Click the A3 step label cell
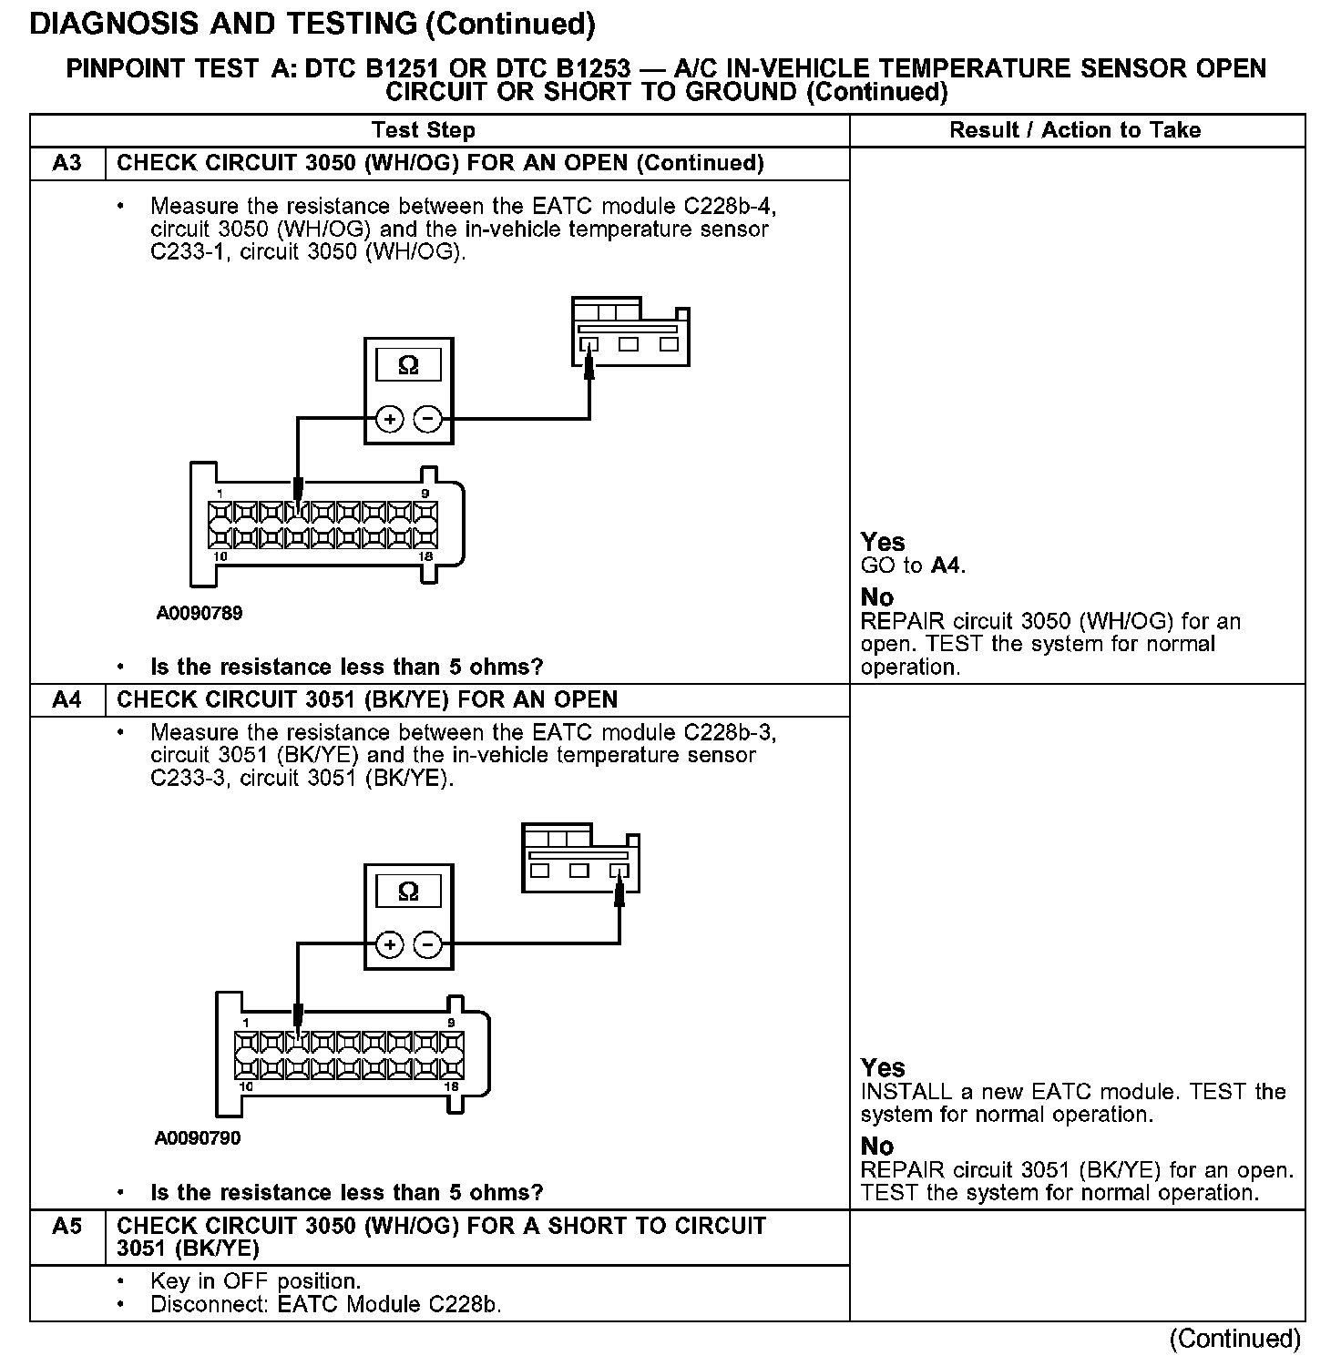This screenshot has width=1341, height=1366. click(67, 163)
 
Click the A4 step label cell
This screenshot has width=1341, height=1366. click(67, 699)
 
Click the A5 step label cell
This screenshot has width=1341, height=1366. click(67, 1227)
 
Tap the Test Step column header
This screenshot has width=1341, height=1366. click(424, 130)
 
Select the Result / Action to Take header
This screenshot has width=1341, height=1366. click(1075, 130)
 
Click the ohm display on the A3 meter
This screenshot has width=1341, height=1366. click(408, 366)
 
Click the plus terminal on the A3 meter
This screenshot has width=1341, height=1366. click(390, 419)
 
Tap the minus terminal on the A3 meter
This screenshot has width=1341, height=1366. click(427, 419)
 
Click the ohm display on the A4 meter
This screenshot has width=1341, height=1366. click(408, 892)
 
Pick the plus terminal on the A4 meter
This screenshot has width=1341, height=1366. click(390, 944)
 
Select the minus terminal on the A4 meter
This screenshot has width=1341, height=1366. click(427, 944)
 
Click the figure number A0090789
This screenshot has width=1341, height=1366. click(200, 613)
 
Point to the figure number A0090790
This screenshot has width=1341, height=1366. click(198, 1137)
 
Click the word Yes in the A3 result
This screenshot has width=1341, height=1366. click(883, 543)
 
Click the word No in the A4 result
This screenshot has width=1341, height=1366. click(877, 1147)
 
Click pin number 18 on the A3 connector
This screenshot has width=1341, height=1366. click(425, 556)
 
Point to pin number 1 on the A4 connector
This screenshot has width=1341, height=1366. click(246, 1024)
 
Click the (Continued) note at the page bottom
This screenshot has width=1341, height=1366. click(1235, 1338)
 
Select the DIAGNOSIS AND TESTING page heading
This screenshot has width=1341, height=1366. click(312, 25)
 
